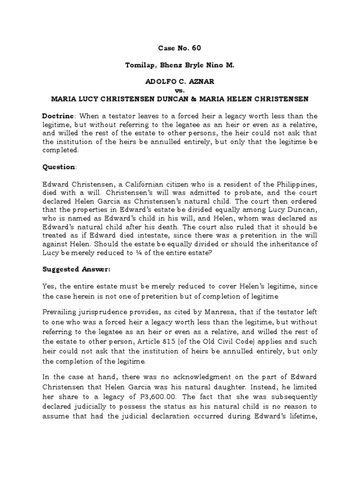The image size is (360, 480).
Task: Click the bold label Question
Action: (59, 167)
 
